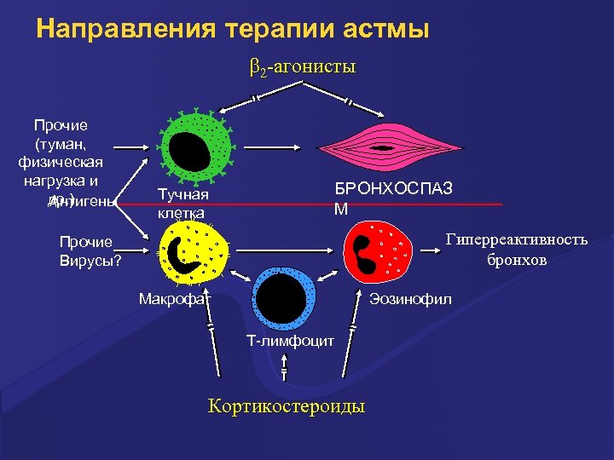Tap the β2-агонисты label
pyautogui.click(x=303, y=66)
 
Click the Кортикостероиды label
pyautogui.click(x=287, y=405)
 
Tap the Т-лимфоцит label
pyautogui.click(x=285, y=341)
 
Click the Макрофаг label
pyautogui.click(x=175, y=299)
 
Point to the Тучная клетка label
pyautogui.click(x=182, y=204)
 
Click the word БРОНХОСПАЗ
pyautogui.click(x=393, y=188)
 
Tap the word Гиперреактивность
pyautogui.click(x=517, y=239)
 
